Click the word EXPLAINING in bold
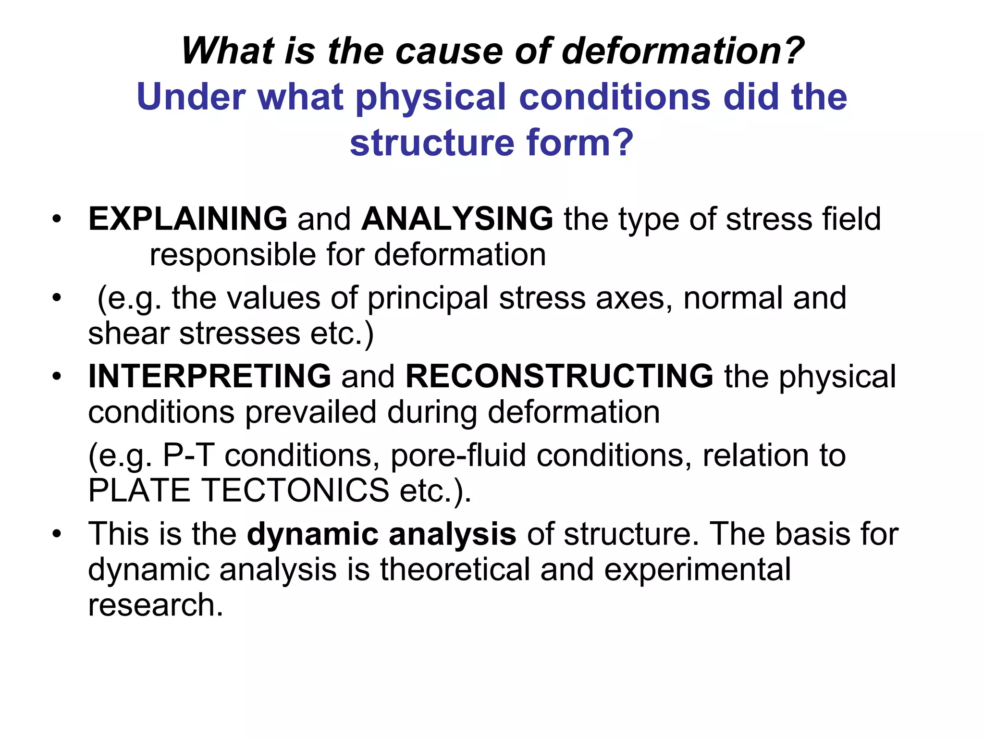pyautogui.click(x=188, y=219)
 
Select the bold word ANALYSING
pyautogui.click(x=457, y=219)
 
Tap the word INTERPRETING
pyautogui.click(x=209, y=376)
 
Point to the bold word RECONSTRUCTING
pyautogui.click(x=560, y=376)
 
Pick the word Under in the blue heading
pyautogui.click(x=191, y=97)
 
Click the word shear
pyautogui.click(x=128, y=333)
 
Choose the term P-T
pyautogui.click(x=188, y=455)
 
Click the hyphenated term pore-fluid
pyautogui.click(x=458, y=455)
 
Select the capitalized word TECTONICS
pyautogui.click(x=295, y=491)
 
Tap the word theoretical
pyautogui.click(x=455, y=570)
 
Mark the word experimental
pyautogui.click(x=697, y=570)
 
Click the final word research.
pyautogui.click(x=155, y=605)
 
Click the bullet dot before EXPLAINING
pyautogui.click(x=57, y=220)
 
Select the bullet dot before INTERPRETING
pyautogui.click(x=57, y=377)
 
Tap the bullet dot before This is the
pyautogui.click(x=57, y=535)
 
